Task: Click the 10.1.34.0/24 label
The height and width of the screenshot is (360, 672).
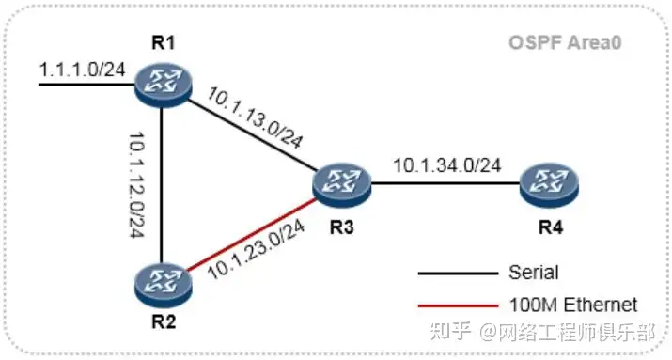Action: pos(446,165)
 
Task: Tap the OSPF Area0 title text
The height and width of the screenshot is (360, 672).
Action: pos(567,43)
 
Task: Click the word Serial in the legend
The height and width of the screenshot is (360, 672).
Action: pos(533,274)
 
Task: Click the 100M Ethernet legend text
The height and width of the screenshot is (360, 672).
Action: pos(571,305)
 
